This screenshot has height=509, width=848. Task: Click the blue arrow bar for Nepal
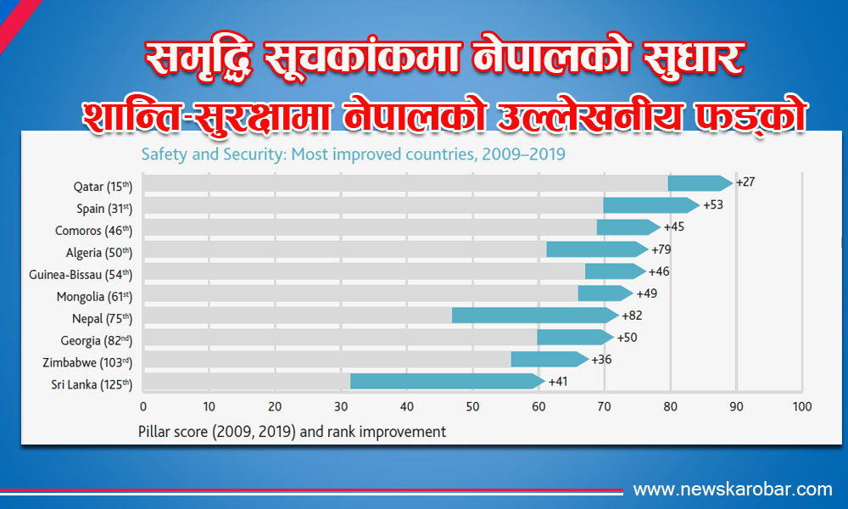(534, 316)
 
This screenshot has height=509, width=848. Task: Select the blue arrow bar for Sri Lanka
(446, 381)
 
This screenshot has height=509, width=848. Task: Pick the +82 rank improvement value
(632, 316)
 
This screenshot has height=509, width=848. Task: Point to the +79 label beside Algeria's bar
(661, 249)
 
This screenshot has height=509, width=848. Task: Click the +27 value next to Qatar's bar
(746, 182)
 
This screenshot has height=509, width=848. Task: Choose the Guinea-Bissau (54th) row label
(81, 274)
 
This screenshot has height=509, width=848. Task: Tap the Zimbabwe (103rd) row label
(86, 361)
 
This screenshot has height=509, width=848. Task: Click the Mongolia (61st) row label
(94, 296)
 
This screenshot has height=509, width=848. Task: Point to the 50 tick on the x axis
(472, 406)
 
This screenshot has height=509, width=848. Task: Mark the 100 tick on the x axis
(801, 406)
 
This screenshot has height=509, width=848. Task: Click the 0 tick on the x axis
(143, 406)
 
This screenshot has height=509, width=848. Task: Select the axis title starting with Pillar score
(292, 431)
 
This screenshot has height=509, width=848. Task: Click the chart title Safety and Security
(352, 154)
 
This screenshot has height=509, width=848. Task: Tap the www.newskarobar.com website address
(733, 489)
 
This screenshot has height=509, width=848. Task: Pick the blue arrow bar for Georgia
(575, 338)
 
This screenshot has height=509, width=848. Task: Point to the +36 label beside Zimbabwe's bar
(600, 360)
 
